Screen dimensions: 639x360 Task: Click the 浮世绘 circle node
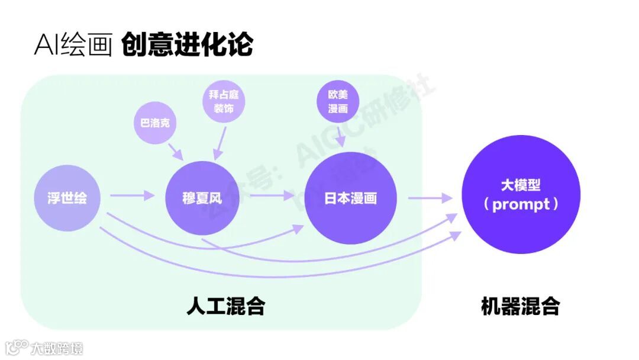click(x=67, y=198)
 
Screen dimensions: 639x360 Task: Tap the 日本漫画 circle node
click(x=350, y=198)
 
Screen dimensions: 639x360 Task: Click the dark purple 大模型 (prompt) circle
click(x=521, y=195)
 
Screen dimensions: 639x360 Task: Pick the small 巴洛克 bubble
click(x=155, y=123)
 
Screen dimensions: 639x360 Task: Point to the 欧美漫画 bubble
click(x=338, y=101)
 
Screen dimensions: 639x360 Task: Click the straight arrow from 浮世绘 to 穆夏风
click(x=131, y=196)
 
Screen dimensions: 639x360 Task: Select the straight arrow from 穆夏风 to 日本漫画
click(x=272, y=196)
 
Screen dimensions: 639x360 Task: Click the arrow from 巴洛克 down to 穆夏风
click(x=176, y=152)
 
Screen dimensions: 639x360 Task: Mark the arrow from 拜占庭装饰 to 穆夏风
click(x=220, y=143)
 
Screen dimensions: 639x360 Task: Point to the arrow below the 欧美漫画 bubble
click(x=341, y=137)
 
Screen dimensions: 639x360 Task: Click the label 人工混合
click(x=225, y=306)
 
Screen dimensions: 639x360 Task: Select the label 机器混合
click(x=520, y=306)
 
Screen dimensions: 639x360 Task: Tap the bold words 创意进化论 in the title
click(x=187, y=44)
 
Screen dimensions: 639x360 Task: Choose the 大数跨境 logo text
click(x=57, y=348)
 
